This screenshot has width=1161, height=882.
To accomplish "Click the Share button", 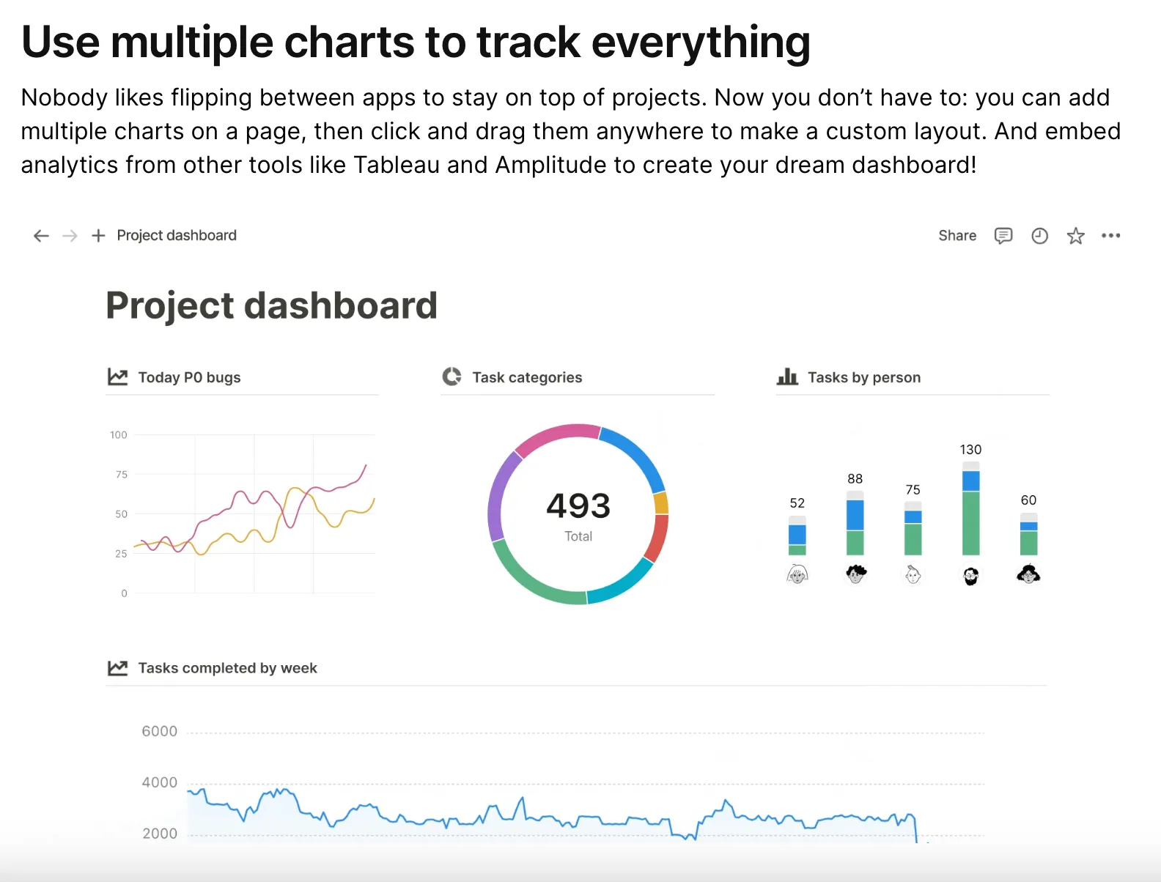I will [957, 235].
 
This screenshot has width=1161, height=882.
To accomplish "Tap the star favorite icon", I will [1075, 236].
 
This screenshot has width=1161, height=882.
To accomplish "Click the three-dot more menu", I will [1110, 236].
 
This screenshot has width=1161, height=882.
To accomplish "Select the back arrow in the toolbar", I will [41, 236].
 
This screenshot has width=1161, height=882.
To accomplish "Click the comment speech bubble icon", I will [1003, 236].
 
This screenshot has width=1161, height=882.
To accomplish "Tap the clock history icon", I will [1039, 236].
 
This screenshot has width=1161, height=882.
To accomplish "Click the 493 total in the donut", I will [578, 506].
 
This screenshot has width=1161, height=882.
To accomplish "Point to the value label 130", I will [970, 450].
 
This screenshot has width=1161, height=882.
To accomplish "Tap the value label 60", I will [1028, 500].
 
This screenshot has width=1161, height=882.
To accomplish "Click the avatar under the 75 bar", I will [913, 575].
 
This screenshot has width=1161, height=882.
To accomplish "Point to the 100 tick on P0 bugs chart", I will [119, 435].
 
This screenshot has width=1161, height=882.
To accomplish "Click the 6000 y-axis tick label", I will [159, 731].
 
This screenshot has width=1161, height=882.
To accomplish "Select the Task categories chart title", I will [527, 377].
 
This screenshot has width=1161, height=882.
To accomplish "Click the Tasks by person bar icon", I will [787, 377].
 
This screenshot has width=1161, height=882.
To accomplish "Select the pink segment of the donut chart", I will [556, 436].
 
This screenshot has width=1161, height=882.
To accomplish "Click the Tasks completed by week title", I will [227, 668].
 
